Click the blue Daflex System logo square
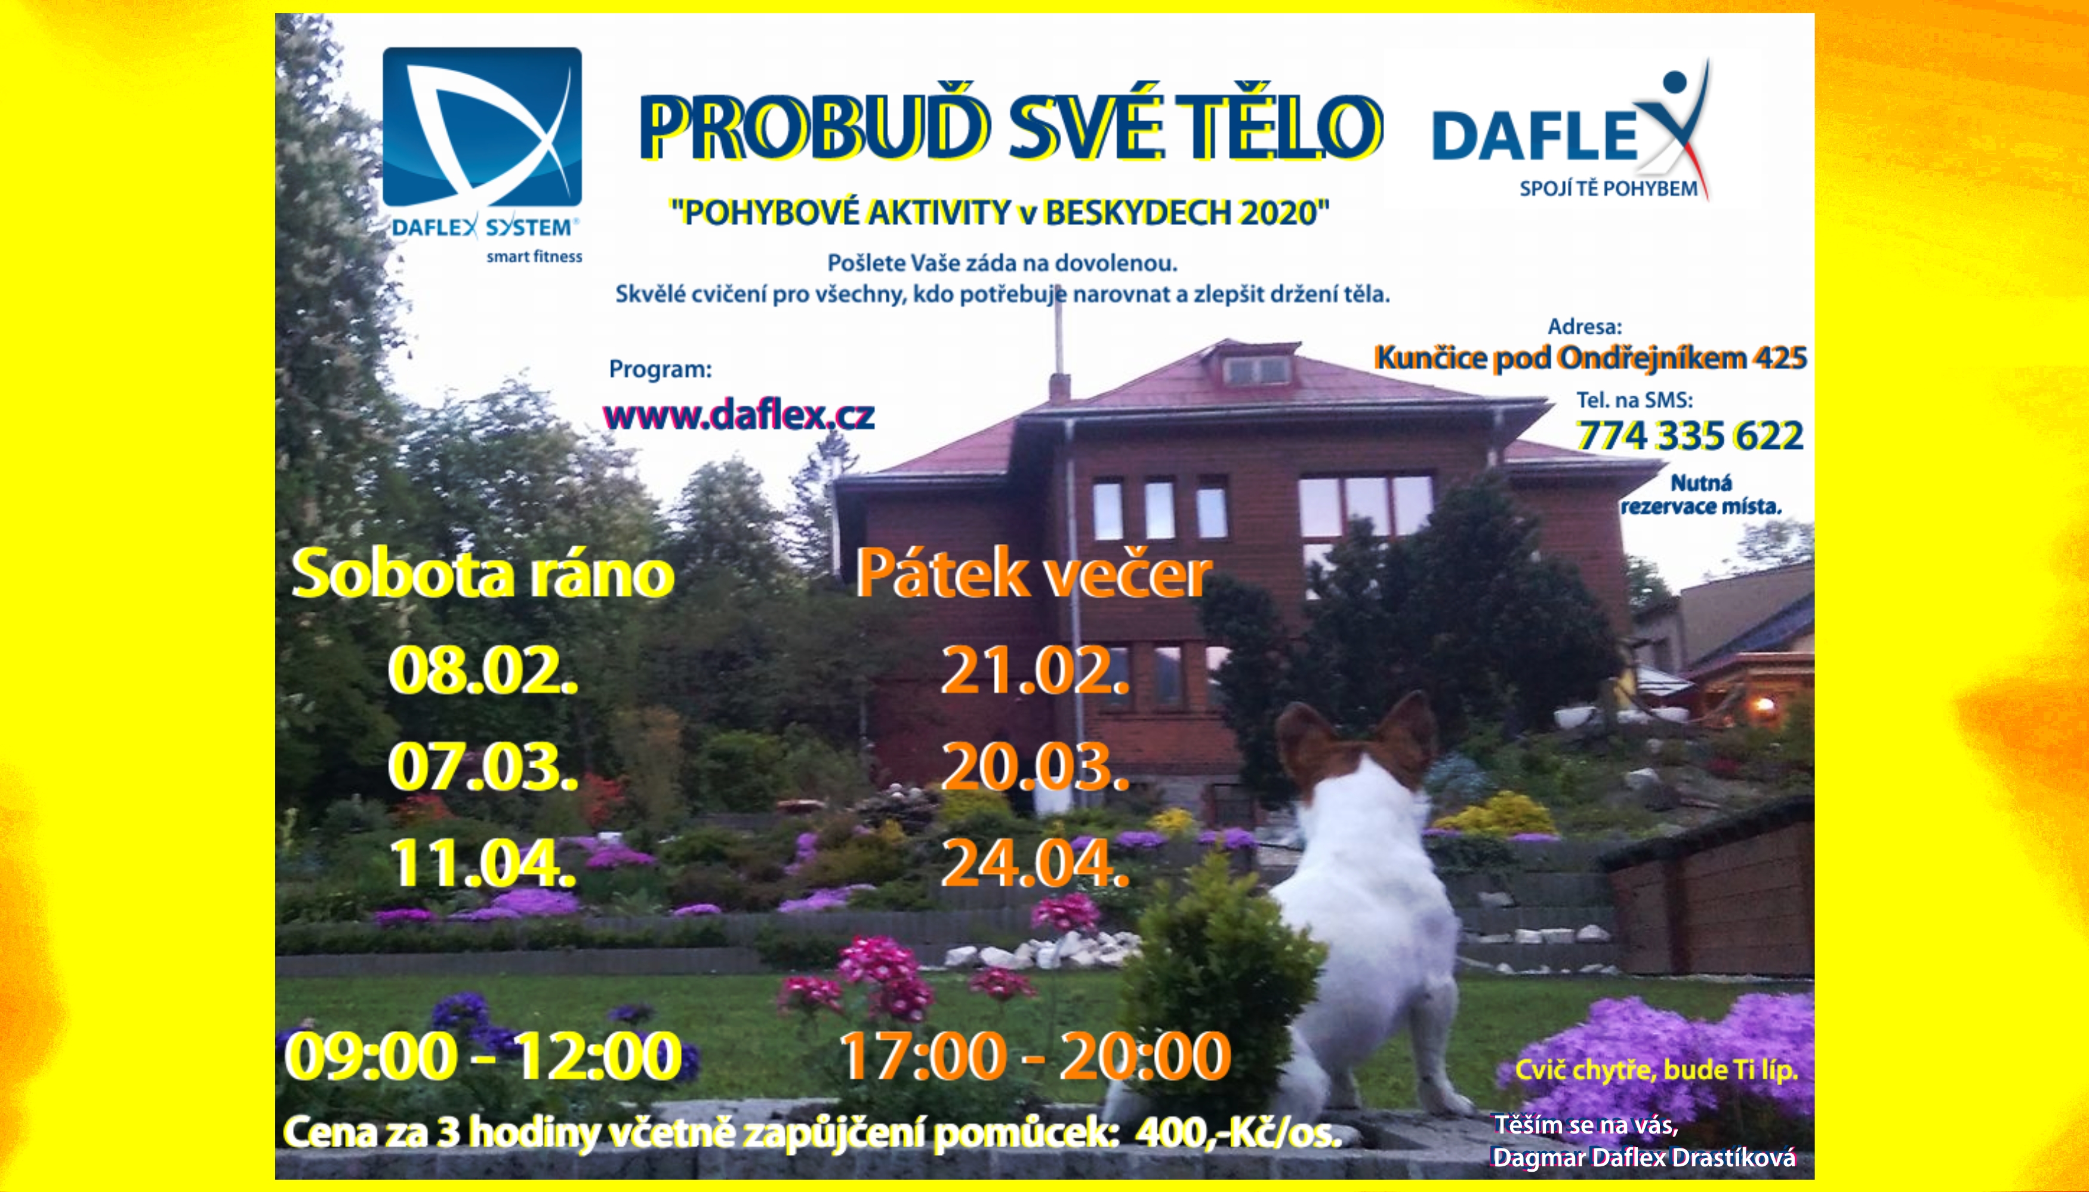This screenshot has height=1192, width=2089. click(x=482, y=127)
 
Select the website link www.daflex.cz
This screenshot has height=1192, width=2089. click(x=739, y=415)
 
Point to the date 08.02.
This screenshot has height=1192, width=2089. click(x=483, y=670)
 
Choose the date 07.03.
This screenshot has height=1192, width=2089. click(x=483, y=767)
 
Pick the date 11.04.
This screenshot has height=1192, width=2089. click(x=483, y=864)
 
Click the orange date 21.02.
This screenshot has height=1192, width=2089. click(x=1035, y=670)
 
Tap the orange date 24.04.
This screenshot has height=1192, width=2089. click(x=1035, y=864)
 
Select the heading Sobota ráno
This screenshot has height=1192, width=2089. click(x=483, y=574)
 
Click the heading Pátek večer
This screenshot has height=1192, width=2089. click(x=1033, y=572)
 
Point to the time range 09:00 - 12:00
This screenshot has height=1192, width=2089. click(x=483, y=1056)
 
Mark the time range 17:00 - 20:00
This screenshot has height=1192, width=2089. click(x=1035, y=1056)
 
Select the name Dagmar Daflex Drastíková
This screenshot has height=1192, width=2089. click(x=1644, y=1157)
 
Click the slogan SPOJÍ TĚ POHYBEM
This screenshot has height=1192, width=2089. click(x=1609, y=188)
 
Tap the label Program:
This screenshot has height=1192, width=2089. click(x=660, y=369)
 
